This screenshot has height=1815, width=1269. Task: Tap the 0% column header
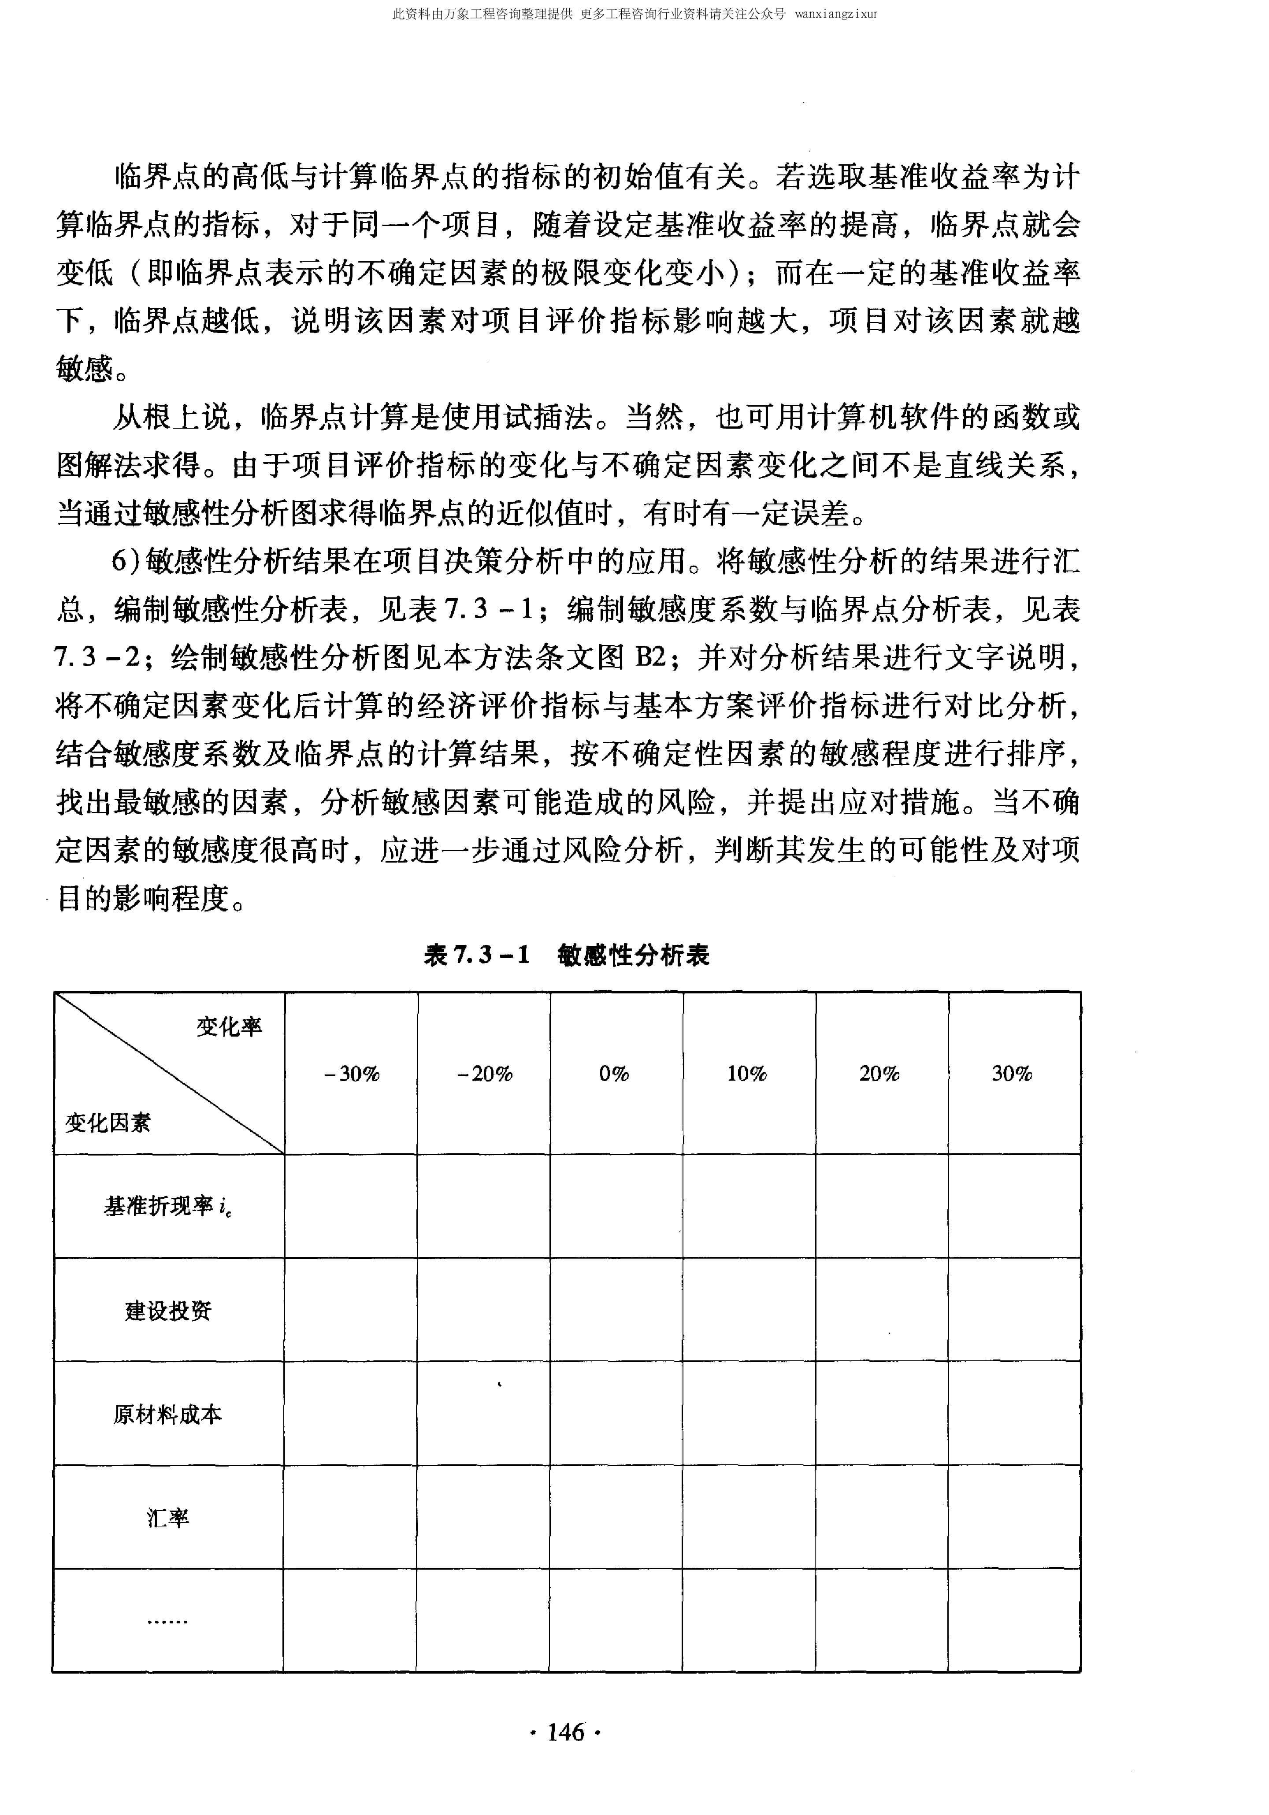coord(614,1074)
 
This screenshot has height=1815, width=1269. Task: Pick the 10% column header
coord(747,1074)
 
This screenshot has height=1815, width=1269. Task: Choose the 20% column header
coord(880,1074)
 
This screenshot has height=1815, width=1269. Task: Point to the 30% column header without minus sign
coord(1013,1074)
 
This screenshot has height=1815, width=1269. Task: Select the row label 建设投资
coord(167,1311)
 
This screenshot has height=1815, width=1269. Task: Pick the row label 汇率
coord(167,1518)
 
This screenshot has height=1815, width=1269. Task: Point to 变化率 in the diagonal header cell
coord(229,1027)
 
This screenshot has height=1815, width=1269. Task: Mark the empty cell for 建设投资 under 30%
coord(1014,1311)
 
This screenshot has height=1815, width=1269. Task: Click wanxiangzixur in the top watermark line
coord(836,14)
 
